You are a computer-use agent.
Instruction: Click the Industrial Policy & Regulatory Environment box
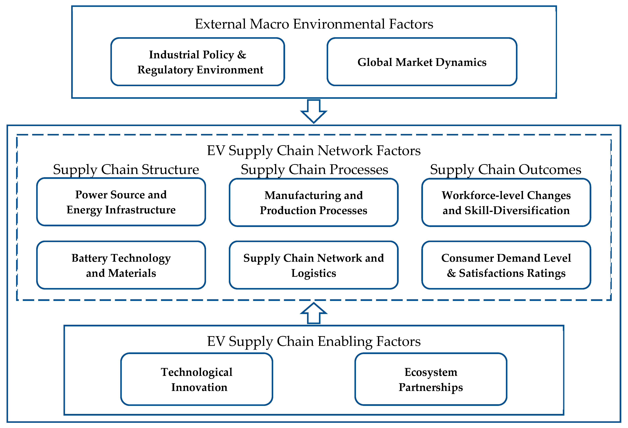197,62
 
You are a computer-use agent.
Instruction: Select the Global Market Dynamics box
422,62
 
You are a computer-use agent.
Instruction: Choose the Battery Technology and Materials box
121,265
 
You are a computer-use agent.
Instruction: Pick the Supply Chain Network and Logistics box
313,265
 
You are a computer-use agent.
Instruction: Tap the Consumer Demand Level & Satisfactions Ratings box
506,265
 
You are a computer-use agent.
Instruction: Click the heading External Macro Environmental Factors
314,24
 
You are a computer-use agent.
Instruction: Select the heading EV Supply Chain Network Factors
314,150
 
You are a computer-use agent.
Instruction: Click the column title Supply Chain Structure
126,169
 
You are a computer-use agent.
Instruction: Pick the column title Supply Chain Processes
314,169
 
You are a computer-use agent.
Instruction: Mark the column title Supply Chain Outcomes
505,169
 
